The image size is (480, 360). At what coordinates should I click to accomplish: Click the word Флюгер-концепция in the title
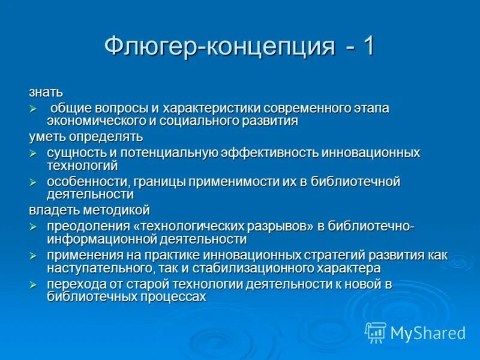point(220,47)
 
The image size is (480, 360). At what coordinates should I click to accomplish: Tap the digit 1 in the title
point(367,46)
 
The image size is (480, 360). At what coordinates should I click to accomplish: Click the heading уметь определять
point(86,137)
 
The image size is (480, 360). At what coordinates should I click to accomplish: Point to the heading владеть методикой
point(89,211)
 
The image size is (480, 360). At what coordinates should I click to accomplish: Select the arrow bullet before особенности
point(34,182)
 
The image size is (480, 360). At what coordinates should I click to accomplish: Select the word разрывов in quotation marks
point(279,226)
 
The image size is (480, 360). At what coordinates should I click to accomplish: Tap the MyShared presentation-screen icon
point(376,332)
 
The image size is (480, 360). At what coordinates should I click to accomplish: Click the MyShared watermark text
point(428,332)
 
